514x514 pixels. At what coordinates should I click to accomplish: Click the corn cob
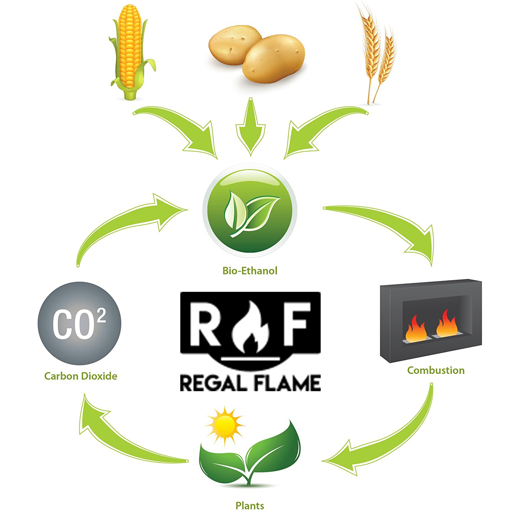[130, 48]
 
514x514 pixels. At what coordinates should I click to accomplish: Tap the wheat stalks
[377, 51]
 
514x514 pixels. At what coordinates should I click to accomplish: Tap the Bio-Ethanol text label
[250, 271]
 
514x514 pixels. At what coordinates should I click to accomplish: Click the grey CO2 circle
[79, 323]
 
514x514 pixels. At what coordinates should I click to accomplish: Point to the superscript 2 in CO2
[101, 316]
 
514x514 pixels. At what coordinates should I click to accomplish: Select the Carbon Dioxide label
[81, 376]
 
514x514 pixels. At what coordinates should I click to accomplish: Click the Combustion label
[436, 370]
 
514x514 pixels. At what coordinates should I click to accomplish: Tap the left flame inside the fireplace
[416, 329]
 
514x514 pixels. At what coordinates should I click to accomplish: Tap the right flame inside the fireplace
[447, 324]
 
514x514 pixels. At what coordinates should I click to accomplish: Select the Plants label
[250, 505]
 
